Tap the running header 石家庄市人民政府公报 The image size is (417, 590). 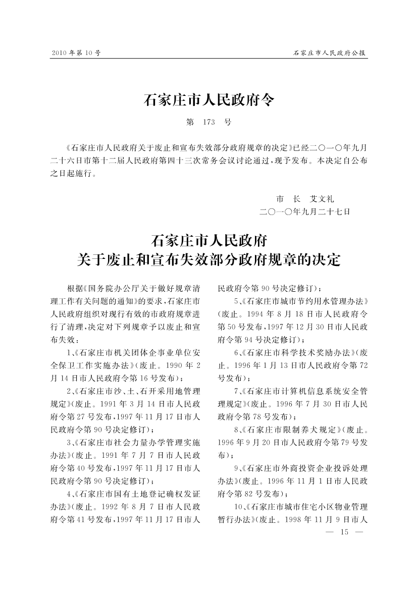(330, 52)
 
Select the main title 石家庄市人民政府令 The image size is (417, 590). (209, 99)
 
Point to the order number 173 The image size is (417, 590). (209, 122)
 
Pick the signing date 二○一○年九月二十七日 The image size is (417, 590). (304, 212)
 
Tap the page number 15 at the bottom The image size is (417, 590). (345, 532)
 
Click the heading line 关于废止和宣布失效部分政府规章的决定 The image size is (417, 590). (209, 260)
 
